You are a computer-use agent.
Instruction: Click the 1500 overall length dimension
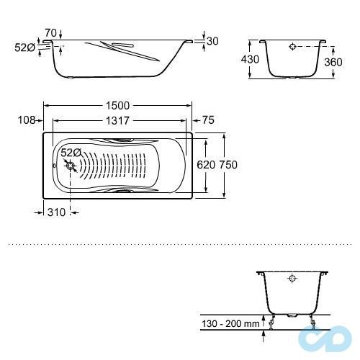pyautogui.click(x=117, y=106)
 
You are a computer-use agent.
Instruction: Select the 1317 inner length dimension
pyautogui.click(x=117, y=121)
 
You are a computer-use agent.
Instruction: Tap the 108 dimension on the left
pyautogui.click(x=27, y=120)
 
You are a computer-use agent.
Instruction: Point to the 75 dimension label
pyautogui.click(x=208, y=120)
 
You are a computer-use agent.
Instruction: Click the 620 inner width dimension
pyautogui.click(x=206, y=165)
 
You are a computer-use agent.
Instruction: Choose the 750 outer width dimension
pyautogui.click(x=228, y=165)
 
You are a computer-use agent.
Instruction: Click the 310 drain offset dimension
pyautogui.click(x=56, y=212)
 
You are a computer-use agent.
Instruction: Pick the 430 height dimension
pyautogui.click(x=250, y=59)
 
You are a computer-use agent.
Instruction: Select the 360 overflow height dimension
pyautogui.click(x=333, y=63)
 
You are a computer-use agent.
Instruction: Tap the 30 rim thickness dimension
pyautogui.click(x=212, y=41)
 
